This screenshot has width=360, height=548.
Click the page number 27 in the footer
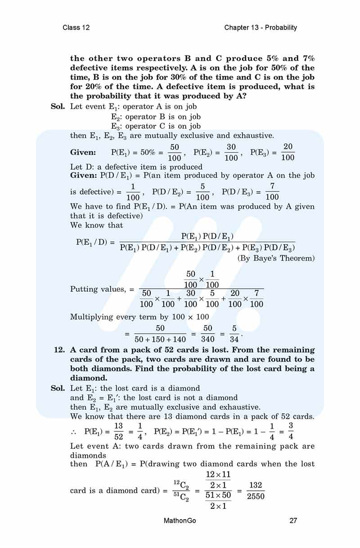click(293, 521)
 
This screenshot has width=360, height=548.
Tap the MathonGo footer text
click(180, 521)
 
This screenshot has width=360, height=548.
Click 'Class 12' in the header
click(76, 27)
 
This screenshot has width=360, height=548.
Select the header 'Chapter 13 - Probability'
click(261, 27)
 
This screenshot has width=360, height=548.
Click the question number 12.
click(60, 350)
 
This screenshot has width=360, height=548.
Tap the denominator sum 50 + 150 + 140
click(160, 340)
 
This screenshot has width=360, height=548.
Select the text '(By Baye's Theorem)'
click(276, 258)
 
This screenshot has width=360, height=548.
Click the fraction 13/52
click(118, 431)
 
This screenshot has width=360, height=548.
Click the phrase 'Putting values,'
click(99, 289)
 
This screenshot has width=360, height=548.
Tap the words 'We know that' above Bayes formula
click(96, 225)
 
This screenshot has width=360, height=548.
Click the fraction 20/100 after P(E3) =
click(288, 152)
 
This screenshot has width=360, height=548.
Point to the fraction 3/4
click(291, 431)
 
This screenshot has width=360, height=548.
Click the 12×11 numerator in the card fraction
click(218, 475)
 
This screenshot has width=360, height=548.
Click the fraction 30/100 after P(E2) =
click(231, 152)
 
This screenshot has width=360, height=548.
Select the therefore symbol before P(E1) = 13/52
click(74, 432)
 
